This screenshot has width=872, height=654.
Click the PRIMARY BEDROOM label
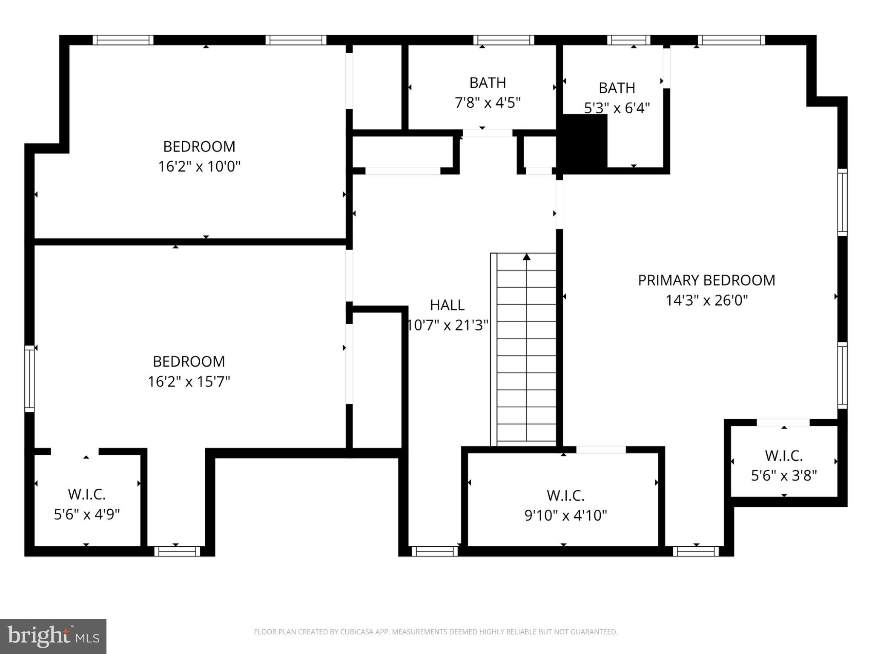click(706, 280)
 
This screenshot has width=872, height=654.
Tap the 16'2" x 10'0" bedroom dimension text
click(199, 166)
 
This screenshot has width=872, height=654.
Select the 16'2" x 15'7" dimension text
click(189, 381)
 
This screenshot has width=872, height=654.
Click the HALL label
click(447, 305)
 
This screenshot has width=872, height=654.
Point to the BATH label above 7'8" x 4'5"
click(488, 83)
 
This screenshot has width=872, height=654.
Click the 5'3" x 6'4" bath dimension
click(617, 108)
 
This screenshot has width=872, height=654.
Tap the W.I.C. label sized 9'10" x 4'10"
click(565, 496)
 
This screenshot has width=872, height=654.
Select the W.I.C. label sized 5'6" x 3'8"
click(784, 456)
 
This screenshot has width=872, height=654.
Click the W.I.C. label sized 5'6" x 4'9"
click(87, 494)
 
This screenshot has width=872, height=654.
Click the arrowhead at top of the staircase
click(527, 256)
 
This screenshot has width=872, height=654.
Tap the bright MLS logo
click(53, 636)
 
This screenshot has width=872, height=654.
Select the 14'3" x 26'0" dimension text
click(706, 300)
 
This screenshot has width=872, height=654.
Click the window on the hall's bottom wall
click(435, 551)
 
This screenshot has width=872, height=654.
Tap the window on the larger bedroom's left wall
click(29, 379)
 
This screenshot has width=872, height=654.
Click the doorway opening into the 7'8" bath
click(488, 133)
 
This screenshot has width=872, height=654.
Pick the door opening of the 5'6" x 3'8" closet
click(783, 422)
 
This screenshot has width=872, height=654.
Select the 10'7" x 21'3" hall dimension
click(447, 325)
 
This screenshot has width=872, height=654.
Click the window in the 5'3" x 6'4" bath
click(628, 40)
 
